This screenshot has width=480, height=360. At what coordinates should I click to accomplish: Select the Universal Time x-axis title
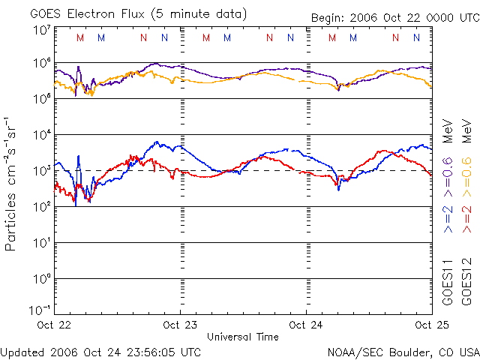[x=243, y=337]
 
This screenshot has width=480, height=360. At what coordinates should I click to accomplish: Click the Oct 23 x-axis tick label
[x=180, y=325]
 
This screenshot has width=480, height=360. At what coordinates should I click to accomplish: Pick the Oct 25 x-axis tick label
[x=431, y=325]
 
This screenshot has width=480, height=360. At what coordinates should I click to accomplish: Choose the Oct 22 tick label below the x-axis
[x=54, y=325]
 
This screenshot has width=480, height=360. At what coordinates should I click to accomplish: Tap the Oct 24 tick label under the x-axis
[x=306, y=325]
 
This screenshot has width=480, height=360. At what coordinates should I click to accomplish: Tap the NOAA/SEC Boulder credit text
[x=403, y=351]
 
